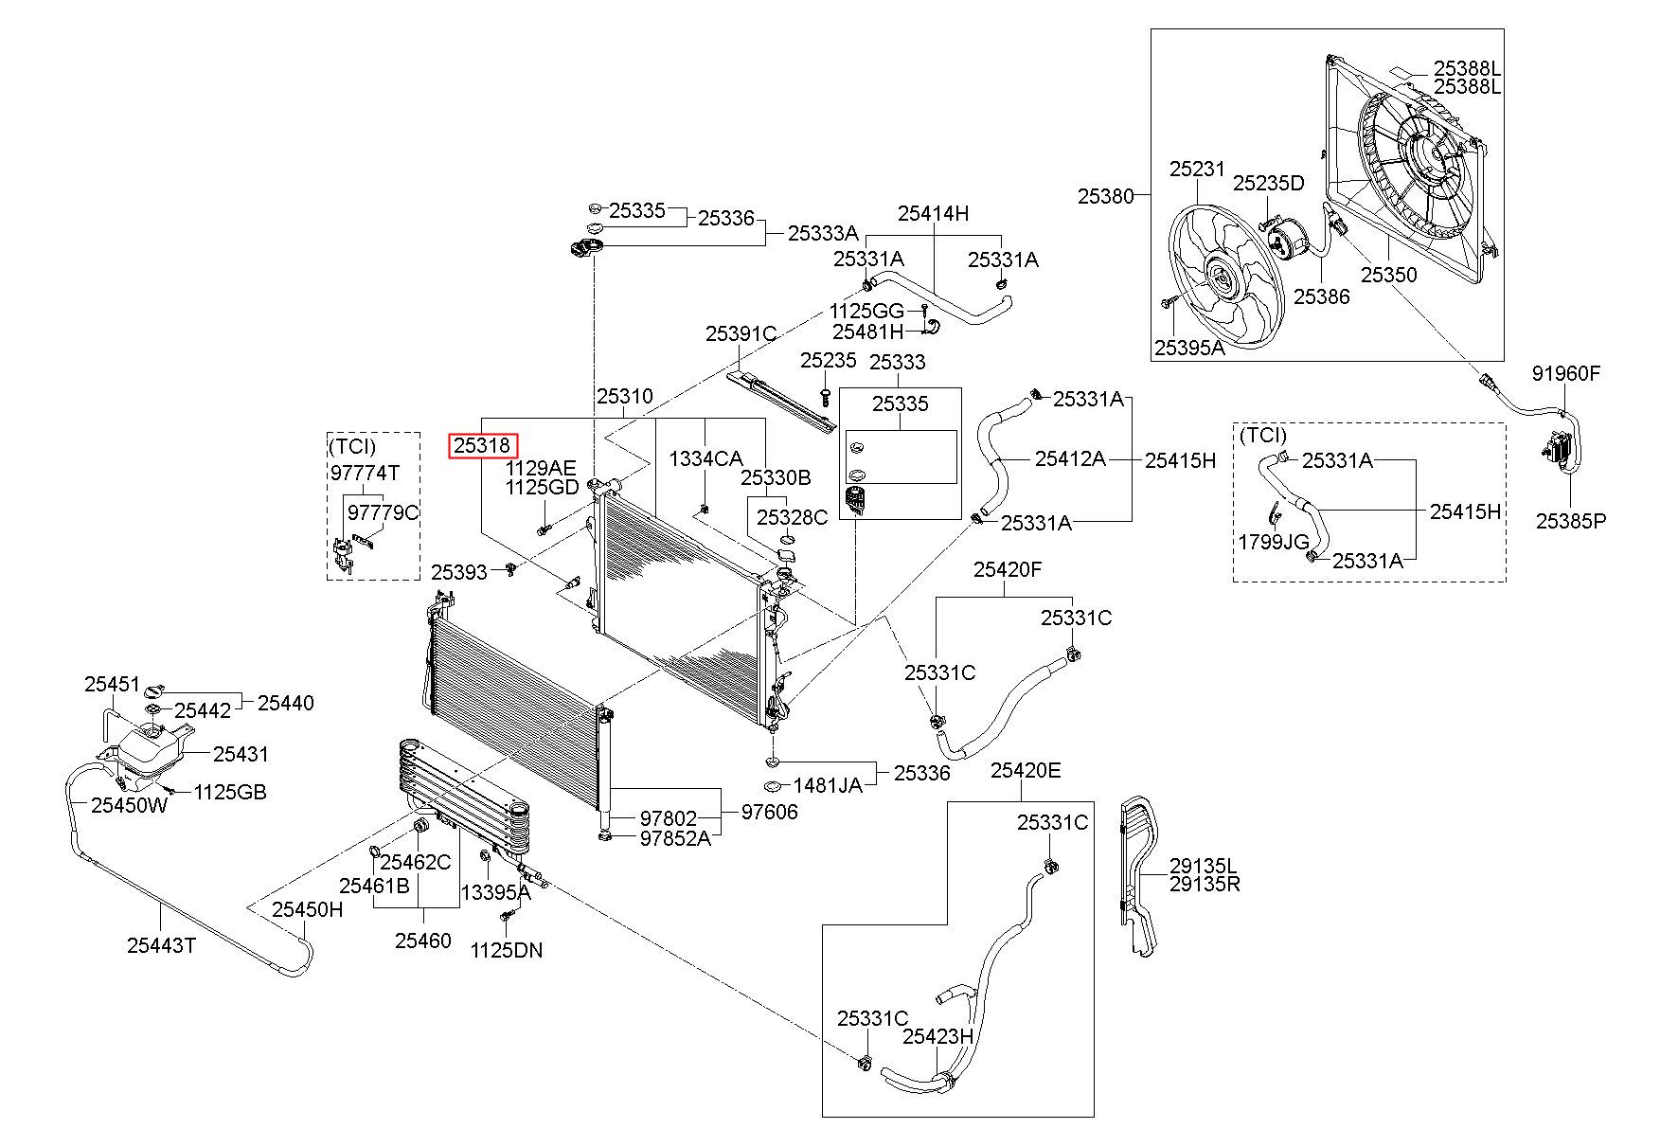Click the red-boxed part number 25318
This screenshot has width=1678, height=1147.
(x=483, y=445)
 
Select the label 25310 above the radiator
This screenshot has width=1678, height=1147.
(x=624, y=396)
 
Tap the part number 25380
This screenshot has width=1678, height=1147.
(x=1105, y=196)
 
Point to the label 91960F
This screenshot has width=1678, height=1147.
(x=1566, y=373)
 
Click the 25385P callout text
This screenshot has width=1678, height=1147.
(x=1571, y=520)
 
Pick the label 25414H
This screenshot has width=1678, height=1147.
(x=933, y=214)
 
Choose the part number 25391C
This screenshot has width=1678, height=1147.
(x=741, y=334)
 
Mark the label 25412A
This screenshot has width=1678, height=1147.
(x=1070, y=458)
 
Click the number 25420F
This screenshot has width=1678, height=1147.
(x=1008, y=569)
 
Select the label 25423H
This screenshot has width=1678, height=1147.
(x=937, y=1036)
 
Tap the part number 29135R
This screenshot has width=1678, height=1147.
(x=1205, y=885)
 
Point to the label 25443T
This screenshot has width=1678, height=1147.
(x=161, y=945)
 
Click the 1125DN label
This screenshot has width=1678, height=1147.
(x=507, y=950)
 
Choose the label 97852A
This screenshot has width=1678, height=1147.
(x=675, y=838)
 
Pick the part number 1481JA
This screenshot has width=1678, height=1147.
(x=828, y=785)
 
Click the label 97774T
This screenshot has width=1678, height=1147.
(x=365, y=473)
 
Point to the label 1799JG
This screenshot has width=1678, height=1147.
(x=1275, y=542)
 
